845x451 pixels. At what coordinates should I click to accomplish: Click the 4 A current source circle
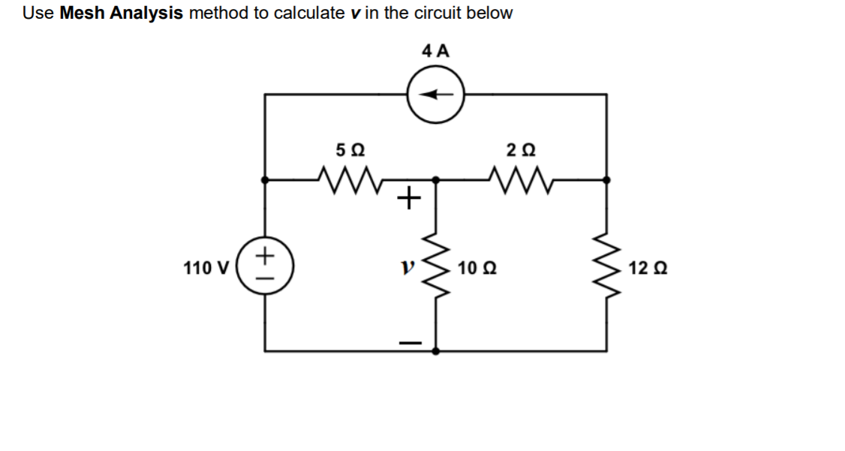(436, 95)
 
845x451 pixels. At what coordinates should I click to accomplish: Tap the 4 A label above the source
(436, 52)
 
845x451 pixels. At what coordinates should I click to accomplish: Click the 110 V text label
(206, 266)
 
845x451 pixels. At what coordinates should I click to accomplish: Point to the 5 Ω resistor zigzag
(350, 179)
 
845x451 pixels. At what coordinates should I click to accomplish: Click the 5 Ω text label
(350, 150)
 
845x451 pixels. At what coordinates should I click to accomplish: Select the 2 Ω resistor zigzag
(521, 179)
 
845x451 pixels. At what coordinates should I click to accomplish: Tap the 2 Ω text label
(521, 150)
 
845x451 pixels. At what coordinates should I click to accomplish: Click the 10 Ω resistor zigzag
(436, 266)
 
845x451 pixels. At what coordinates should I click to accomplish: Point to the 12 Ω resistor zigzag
(606, 266)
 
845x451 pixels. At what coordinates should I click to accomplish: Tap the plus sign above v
(406, 199)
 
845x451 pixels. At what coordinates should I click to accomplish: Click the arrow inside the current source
(435, 95)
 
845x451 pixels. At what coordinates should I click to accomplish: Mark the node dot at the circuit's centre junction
(436, 180)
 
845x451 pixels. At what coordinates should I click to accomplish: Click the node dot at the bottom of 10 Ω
(436, 350)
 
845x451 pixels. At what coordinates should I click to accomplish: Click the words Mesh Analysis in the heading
(121, 14)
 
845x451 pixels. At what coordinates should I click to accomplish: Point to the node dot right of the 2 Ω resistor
(606, 180)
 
